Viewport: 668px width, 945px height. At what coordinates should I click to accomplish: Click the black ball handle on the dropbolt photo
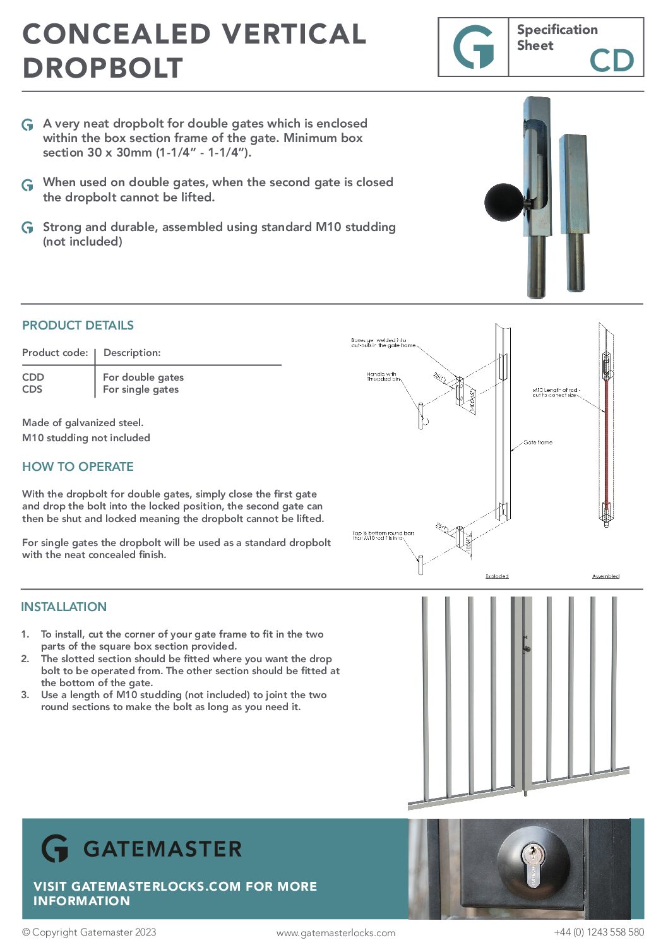[504, 202]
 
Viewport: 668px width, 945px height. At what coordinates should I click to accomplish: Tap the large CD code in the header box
[611, 61]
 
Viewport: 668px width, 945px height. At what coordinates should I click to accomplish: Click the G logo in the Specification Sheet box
[474, 47]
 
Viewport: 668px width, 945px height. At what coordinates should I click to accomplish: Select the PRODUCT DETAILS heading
[78, 326]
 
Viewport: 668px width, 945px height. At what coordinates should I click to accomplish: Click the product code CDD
[33, 377]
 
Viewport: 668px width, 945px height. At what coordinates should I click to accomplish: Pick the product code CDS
[32, 389]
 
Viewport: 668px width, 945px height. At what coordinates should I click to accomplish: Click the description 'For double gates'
[143, 377]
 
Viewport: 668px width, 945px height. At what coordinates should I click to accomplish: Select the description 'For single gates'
[141, 389]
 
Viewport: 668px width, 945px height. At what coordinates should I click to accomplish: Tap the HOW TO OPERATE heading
[78, 467]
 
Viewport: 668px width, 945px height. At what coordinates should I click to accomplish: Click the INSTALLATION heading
[64, 607]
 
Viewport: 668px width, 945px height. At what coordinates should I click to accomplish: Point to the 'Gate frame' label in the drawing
[538, 443]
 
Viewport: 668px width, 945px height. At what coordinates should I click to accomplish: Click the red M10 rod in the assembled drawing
[606, 442]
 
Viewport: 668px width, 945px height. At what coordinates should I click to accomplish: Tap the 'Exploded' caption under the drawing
[497, 576]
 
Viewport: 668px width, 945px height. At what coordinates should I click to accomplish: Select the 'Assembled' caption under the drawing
[605, 576]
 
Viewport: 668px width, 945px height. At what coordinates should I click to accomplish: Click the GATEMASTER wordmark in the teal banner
[162, 849]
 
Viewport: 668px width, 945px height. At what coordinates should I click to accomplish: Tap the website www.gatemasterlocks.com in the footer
[336, 933]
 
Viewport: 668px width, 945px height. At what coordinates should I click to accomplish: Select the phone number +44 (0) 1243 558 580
[599, 932]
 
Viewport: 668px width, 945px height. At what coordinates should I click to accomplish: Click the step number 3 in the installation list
[25, 695]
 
